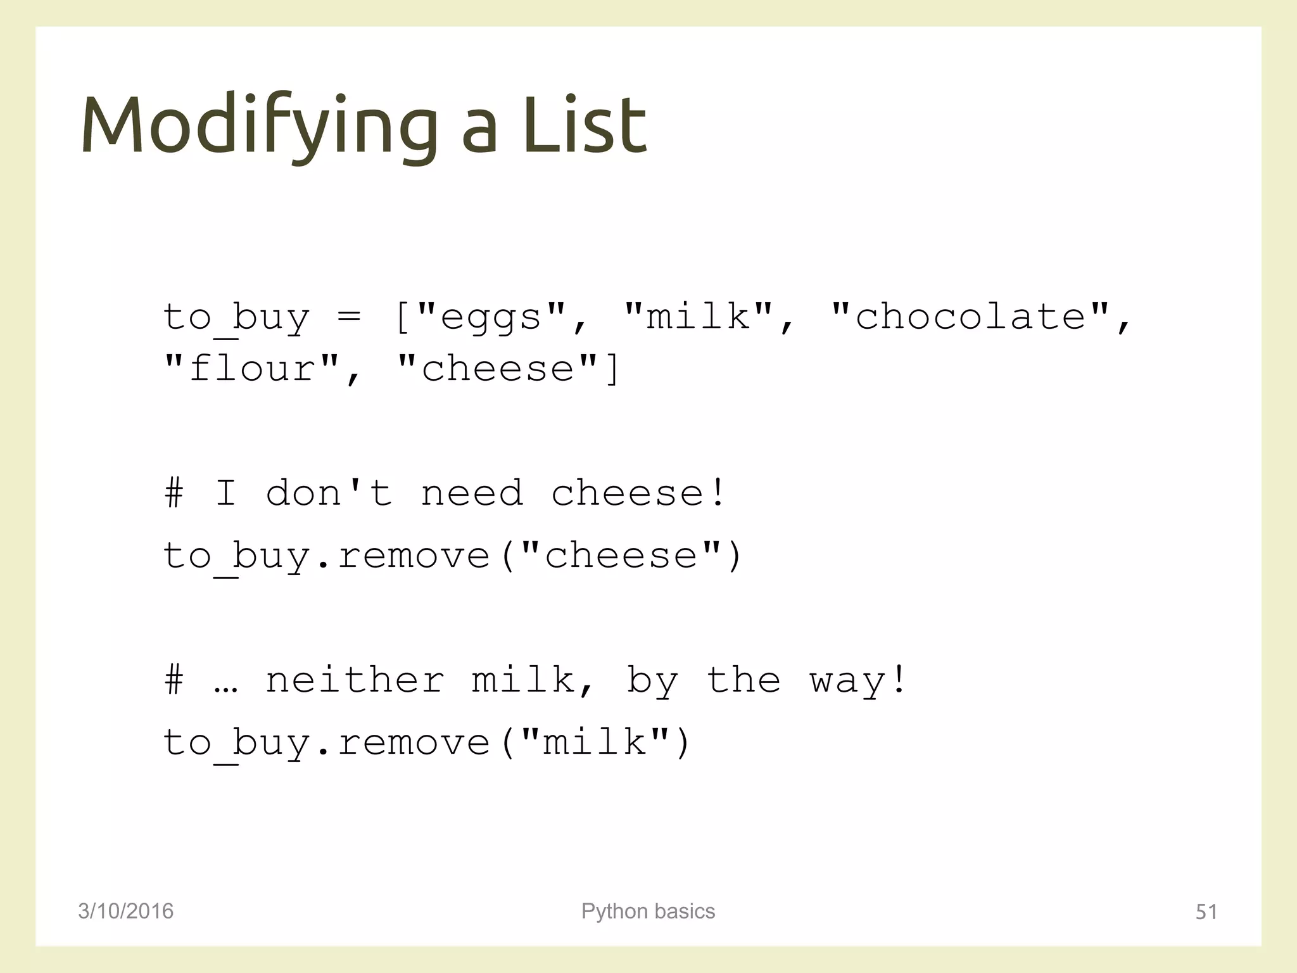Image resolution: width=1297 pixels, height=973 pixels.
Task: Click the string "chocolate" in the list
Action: click(971, 317)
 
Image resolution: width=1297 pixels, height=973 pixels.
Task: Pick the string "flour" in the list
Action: click(251, 369)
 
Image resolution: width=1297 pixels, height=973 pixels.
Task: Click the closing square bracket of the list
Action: click(612, 369)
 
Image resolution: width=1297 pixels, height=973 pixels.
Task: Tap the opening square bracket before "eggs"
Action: click(402, 317)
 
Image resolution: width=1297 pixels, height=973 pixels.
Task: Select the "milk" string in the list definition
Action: click(698, 317)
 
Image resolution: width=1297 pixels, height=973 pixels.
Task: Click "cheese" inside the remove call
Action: click(621, 556)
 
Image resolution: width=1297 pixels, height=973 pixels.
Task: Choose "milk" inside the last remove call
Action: click(595, 742)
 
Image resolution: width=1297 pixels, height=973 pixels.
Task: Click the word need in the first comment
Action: click(472, 493)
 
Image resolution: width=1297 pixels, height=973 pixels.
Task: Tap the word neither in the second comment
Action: click(355, 680)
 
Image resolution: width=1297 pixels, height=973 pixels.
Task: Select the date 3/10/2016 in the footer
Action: click(125, 911)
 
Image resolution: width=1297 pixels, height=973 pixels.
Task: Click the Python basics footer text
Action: click(648, 911)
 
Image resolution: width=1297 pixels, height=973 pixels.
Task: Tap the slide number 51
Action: click(1206, 912)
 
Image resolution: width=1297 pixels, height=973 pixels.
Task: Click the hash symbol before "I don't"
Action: click(174, 493)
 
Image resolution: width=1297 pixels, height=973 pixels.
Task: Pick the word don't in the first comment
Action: click(329, 493)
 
